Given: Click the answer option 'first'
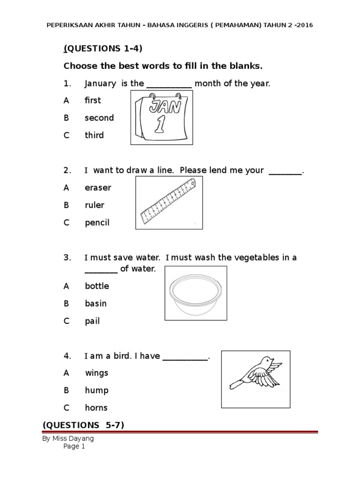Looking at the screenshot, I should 92,100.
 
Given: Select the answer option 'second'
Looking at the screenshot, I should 99,118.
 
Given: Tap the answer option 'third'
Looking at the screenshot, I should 94,135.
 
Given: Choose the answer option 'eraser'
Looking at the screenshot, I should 98,187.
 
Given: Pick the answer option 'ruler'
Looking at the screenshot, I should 95,205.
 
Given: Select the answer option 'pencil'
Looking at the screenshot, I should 97,223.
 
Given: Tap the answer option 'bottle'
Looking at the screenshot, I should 97,286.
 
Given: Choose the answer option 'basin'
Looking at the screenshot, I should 96,303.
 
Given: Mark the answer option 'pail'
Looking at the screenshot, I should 92,321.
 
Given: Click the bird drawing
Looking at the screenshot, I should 255,373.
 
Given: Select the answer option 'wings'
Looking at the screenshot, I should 97,373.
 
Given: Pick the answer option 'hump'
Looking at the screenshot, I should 97,390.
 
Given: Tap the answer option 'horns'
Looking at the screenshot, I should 96,408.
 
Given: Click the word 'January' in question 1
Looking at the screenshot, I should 100,84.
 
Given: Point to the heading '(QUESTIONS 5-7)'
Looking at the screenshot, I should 83,425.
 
